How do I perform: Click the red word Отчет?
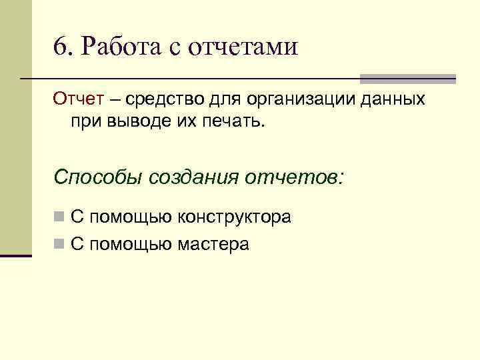point(78,100)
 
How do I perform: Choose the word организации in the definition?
point(301,101)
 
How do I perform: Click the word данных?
point(394,101)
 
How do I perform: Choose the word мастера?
point(213,245)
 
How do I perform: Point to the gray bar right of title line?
point(407,79)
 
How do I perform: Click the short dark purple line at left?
point(16,255)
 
